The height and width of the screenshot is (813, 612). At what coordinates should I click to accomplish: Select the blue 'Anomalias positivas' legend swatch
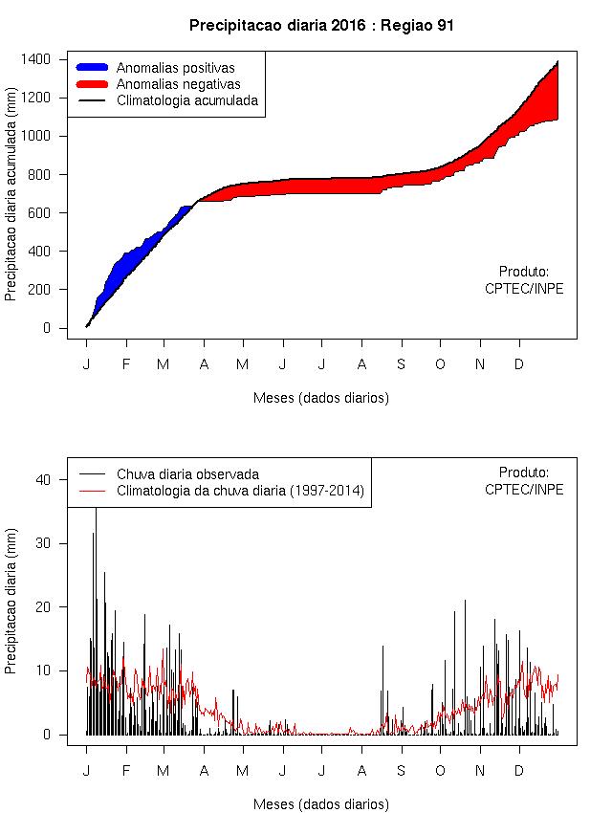(93, 68)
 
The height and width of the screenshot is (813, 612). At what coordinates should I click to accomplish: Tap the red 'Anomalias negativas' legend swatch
(93, 84)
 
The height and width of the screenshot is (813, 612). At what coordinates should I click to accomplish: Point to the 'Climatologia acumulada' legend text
(187, 99)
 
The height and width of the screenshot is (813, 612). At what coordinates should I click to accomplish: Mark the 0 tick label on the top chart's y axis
(60, 328)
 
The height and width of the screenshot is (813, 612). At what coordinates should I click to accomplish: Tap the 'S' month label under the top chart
(401, 364)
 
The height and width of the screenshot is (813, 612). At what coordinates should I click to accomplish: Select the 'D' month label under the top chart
(519, 364)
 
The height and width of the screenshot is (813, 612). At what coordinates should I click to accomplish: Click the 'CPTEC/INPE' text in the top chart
(524, 289)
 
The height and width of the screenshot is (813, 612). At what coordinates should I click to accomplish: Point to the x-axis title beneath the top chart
(321, 398)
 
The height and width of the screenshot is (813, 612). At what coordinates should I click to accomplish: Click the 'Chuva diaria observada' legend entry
(187, 473)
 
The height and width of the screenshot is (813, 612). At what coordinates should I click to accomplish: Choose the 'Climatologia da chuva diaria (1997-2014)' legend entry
(241, 491)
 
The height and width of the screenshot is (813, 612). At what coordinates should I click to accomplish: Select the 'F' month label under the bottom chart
(125, 771)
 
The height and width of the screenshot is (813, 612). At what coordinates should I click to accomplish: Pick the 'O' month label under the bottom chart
(440, 771)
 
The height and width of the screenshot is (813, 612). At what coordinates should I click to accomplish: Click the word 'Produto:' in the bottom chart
(524, 472)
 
